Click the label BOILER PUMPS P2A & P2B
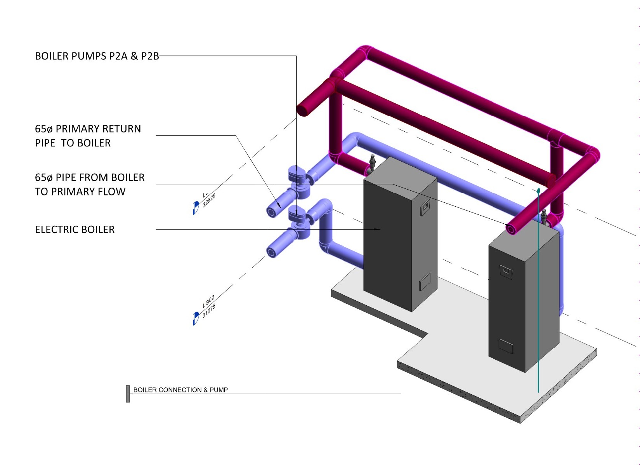tap(97, 56)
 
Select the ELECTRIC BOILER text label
tap(75, 230)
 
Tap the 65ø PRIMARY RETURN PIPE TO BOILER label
tap(88, 136)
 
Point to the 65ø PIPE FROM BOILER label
tap(89, 185)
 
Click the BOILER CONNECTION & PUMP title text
tap(180, 390)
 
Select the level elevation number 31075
tap(209, 311)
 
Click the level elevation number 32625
tap(209, 200)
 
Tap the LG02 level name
tap(208, 302)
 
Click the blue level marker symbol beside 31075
tap(196, 318)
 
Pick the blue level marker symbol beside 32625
tap(196, 207)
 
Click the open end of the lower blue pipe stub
tap(272, 252)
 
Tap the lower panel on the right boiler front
tap(506, 345)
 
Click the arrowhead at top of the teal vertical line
tap(538, 190)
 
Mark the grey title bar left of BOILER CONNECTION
tap(128, 394)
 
